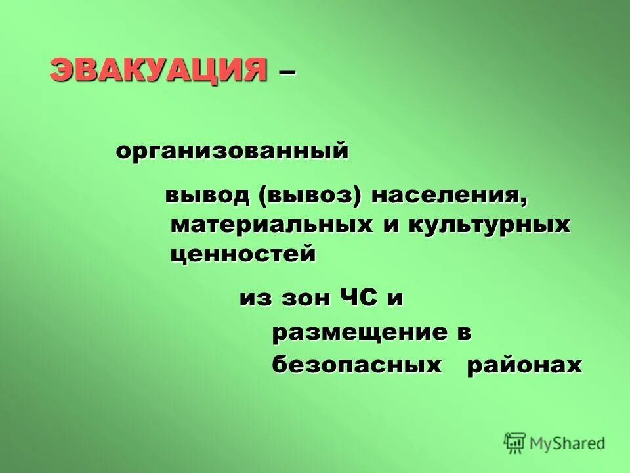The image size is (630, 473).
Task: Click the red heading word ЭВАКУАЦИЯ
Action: tap(158, 70)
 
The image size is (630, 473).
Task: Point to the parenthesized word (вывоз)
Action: tap(312, 196)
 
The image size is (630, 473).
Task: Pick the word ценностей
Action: tap(243, 254)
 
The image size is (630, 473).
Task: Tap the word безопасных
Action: tap(357, 366)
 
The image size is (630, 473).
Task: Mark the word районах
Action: tap(524, 366)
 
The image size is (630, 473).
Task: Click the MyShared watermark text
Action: tap(568, 443)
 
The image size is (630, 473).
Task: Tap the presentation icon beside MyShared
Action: tap(515, 443)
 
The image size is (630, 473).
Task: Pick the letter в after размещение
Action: tap(464, 333)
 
